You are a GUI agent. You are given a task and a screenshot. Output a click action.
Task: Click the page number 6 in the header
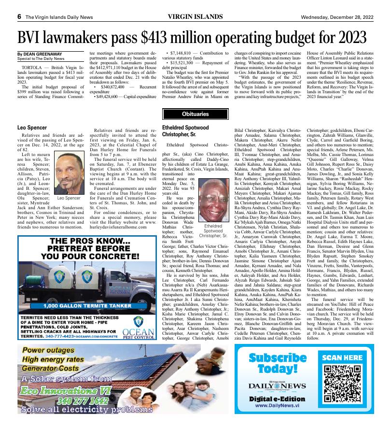19,15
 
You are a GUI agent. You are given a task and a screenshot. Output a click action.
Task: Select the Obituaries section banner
195,114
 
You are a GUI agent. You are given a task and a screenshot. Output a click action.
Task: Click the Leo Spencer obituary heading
32,128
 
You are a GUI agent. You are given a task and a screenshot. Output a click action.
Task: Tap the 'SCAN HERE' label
342,358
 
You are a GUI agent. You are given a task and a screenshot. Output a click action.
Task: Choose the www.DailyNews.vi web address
277,406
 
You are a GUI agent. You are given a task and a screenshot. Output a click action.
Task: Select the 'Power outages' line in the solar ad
54,350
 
